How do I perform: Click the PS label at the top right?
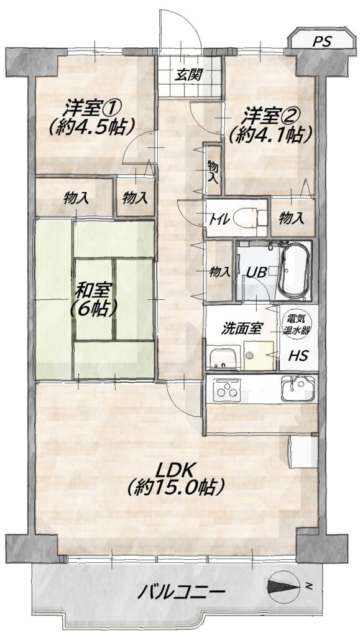[322, 42]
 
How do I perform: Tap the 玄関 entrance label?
[189, 75]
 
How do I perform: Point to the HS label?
[298, 356]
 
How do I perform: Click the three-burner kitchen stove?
[226, 389]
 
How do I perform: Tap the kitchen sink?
[298, 388]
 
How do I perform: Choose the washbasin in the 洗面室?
[225, 358]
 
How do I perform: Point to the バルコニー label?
[181, 592]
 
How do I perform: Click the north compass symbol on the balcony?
[284, 586]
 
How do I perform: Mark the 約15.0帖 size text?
[175, 487]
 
